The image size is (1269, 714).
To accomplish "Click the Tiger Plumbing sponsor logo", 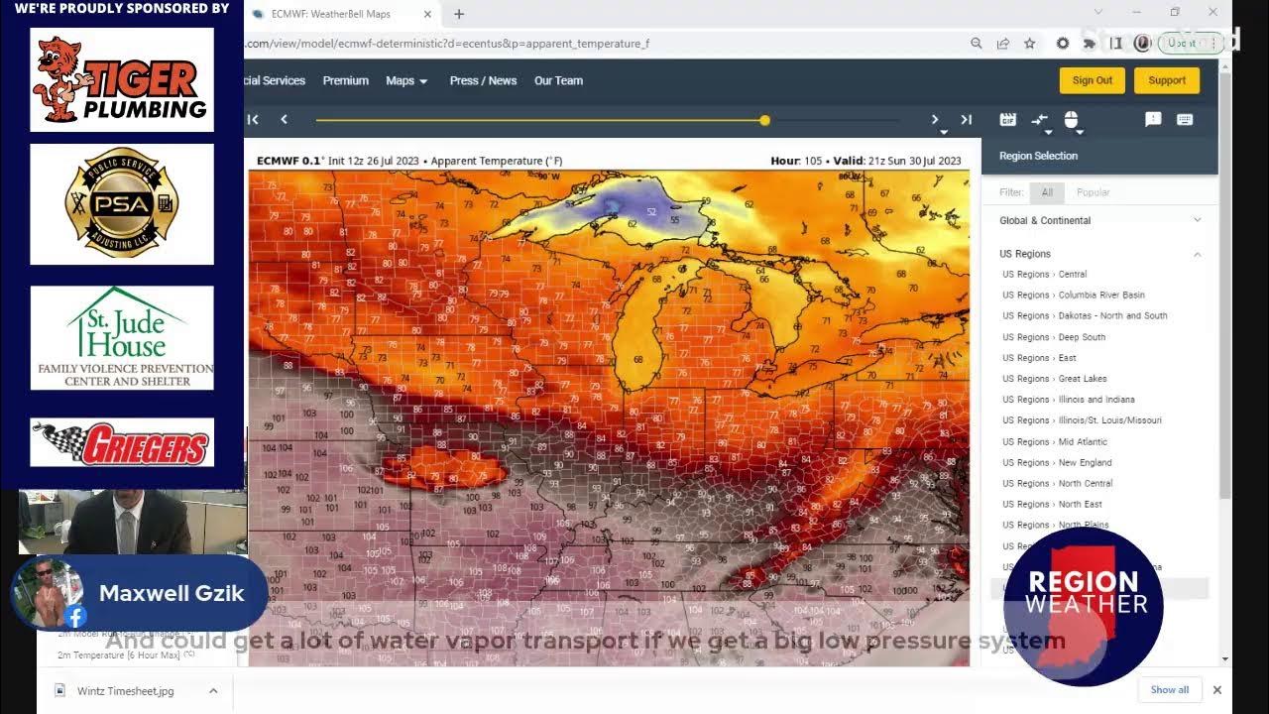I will pyautogui.click(x=122, y=79).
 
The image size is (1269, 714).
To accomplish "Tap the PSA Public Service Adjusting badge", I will pyautogui.click(x=122, y=204).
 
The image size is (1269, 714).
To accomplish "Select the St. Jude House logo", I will pyautogui.click(x=122, y=337).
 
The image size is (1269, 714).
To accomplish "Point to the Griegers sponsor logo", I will pyautogui.click(x=122, y=443).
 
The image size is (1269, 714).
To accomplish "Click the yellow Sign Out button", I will pyautogui.click(x=1092, y=80).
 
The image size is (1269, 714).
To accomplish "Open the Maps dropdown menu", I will pyautogui.click(x=406, y=80).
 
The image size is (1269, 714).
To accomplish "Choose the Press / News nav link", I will pyautogui.click(x=483, y=80).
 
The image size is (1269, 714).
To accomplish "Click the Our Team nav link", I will pyautogui.click(x=558, y=80).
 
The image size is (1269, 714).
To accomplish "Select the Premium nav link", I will pyautogui.click(x=345, y=80).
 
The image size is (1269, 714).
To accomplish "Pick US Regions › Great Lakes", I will pyautogui.click(x=1054, y=379).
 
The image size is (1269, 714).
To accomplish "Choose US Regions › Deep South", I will pyautogui.click(x=1053, y=337).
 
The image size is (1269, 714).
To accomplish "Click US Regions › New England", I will pyautogui.click(x=1057, y=462).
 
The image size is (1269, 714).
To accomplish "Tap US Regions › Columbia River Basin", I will pyautogui.click(x=1073, y=295).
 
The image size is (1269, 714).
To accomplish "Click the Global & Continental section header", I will pyautogui.click(x=1045, y=220).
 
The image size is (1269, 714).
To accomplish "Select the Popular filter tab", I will pyautogui.click(x=1093, y=192).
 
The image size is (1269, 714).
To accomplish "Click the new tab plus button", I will pyautogui.click(x=459, y=14).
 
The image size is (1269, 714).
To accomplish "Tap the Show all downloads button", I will pyautogui.click(x=1169, y=690).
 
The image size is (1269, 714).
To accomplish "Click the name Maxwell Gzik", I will pyautogui.click(x=172, y=593).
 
